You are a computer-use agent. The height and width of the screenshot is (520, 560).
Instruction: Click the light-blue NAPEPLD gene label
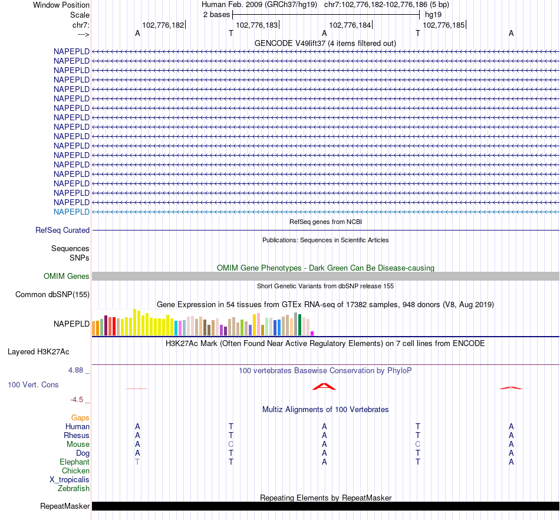[x=71, y=212]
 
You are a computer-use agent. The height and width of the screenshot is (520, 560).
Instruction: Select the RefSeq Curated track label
[x=62, y=231]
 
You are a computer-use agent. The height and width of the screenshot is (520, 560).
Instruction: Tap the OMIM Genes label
[x=67, y=277]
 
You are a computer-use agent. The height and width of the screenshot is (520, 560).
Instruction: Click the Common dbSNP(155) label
[x=52, y=295]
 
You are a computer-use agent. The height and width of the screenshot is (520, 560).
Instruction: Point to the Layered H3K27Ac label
[x=38, y=352]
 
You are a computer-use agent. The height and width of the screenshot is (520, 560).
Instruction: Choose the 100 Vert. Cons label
[x=33, y=385]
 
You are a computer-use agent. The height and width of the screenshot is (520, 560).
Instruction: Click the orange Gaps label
[x=80, y=418]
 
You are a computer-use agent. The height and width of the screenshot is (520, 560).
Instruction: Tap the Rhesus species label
[x=77, y=436]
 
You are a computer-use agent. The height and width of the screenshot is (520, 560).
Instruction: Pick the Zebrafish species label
[x=74, y=489]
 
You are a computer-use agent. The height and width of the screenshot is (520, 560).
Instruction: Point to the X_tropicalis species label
[x=70, y=480]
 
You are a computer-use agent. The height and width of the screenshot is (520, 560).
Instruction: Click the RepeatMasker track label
[x=65, y=506]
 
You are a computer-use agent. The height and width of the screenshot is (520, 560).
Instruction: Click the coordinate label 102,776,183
[x=256, y=25]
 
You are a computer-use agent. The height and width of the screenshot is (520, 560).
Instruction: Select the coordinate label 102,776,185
[x=443, y=25]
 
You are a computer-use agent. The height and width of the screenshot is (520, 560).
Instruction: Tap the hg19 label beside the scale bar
[x=433, y=14]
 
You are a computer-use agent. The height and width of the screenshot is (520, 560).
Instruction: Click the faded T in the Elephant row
[x=137, y=462]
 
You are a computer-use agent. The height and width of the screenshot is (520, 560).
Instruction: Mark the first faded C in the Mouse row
[x=231, y=445]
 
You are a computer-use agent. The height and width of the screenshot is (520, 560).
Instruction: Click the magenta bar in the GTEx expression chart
[x=312, y=334]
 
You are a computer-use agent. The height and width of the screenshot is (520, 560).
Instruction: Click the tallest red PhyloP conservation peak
[x=324, y=386]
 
